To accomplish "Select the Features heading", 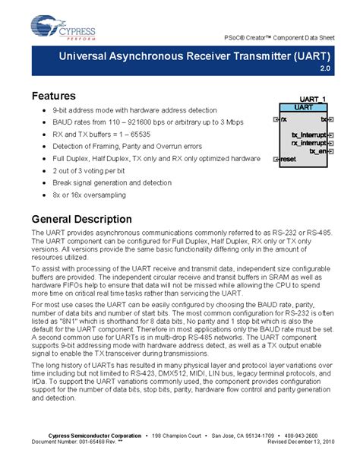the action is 53,97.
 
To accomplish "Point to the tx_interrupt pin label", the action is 309,135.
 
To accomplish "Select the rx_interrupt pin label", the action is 309,143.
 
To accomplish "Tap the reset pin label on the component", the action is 288,159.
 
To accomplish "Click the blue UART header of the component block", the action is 303,109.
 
